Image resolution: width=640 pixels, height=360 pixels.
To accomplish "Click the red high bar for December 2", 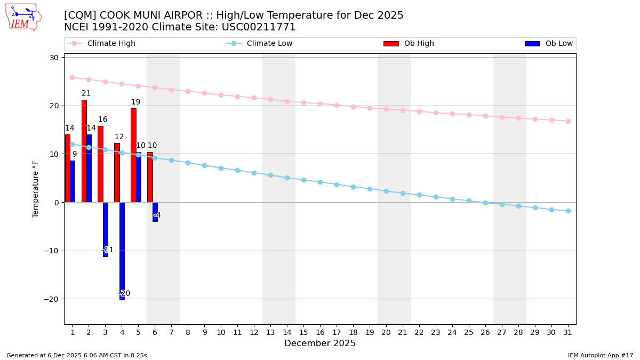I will pyautogui.click(x=84, y=151).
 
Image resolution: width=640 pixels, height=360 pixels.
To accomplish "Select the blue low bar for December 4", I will pyautogui.click(x=122, y=251).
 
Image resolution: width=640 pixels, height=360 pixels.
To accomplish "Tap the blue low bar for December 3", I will pyautogui.click(x=106, y=229).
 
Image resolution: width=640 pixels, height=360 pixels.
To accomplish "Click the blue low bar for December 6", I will pyautogui.click(x=155, y=212).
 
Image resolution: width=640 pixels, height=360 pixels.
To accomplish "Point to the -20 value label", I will pyautogui.click(x=124, y=294).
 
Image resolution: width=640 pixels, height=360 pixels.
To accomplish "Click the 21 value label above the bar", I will pyautogui.click(x=86, y=93).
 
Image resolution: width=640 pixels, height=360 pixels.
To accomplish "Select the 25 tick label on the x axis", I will pyautogui.click(x=469, y=332).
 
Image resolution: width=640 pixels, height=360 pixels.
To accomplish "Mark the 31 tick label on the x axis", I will pyautogui.click(x=568, y=332).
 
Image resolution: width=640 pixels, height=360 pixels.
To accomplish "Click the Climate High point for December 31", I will pyautogui.click(x=568, y=121).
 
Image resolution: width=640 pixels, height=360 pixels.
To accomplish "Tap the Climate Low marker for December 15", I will pyautogui.click(x=303, y=180).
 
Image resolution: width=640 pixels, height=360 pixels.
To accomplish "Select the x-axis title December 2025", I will pyautogui.click(x=320, y=343).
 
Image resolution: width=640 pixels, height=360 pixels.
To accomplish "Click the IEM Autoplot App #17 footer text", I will pyautogui.click(x=601, y=355).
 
